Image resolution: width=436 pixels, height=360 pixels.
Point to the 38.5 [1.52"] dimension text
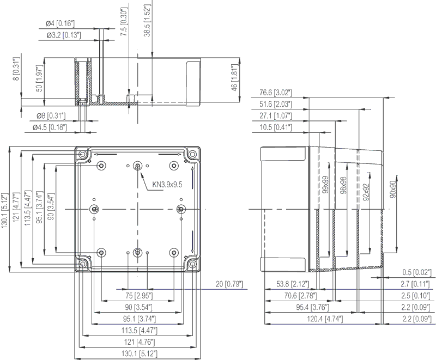147,21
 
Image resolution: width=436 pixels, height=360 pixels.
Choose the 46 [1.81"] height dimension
234,80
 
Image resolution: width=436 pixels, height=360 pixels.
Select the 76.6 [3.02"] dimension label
276,92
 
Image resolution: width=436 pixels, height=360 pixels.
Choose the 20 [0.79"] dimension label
229,284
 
